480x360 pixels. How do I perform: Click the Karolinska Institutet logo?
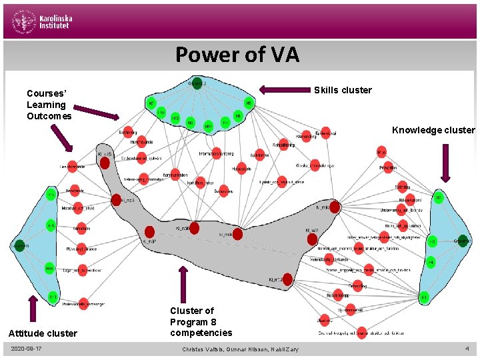point(41,23)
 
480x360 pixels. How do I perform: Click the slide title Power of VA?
point(237,54)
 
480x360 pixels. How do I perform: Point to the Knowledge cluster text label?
point(433,130)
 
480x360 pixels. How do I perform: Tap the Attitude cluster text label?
point(43,333)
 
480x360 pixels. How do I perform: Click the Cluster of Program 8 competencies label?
point(201,321)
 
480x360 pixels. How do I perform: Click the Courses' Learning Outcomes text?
point(46,105)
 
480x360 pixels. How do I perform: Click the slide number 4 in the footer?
point(467,348)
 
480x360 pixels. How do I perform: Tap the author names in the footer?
point(240,349)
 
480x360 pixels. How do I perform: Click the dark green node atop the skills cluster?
point(197,83)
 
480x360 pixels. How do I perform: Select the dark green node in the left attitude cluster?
point(19,245)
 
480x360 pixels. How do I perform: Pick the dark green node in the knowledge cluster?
point(463,241)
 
